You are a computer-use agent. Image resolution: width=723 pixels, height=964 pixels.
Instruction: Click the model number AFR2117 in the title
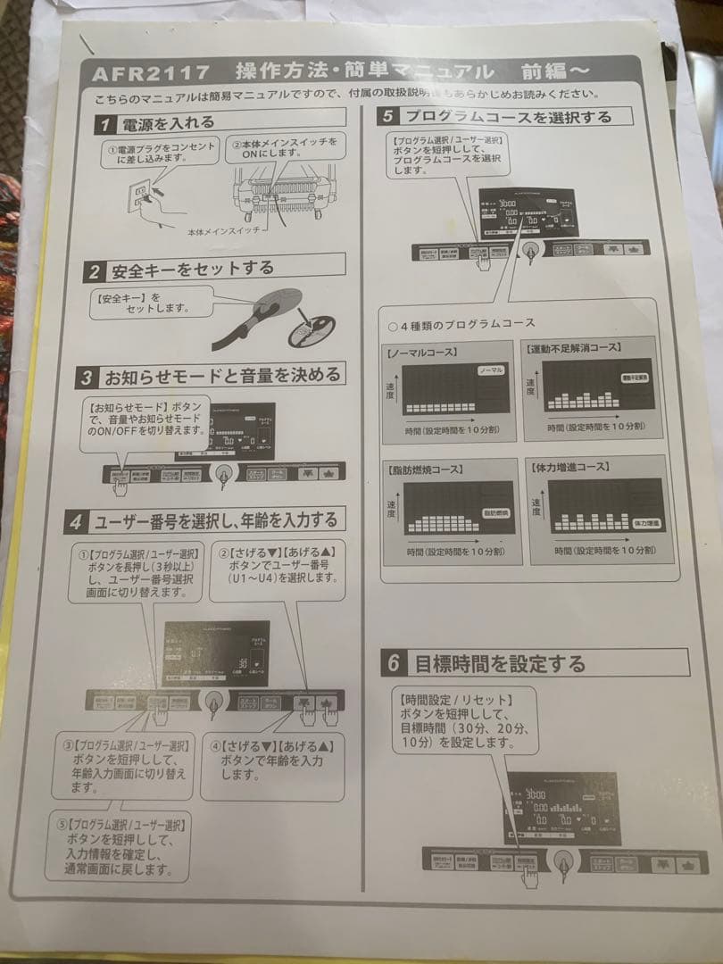click(151, 71)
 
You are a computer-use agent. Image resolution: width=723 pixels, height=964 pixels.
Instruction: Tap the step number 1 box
click(105, 124)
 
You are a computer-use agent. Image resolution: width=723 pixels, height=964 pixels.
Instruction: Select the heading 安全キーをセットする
click(191, 268)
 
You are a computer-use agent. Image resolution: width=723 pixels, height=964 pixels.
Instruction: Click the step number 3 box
click(86, 377)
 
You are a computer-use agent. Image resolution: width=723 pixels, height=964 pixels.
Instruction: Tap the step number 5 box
click(387, 116)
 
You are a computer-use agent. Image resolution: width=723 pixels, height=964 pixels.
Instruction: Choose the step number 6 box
click(394, 664)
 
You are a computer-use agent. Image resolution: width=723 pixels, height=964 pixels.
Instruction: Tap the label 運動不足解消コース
click(575, 347)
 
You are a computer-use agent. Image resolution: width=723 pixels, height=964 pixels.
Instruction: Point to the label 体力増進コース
click(570, 466)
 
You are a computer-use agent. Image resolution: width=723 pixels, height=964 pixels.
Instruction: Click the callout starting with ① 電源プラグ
click(161, 151)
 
